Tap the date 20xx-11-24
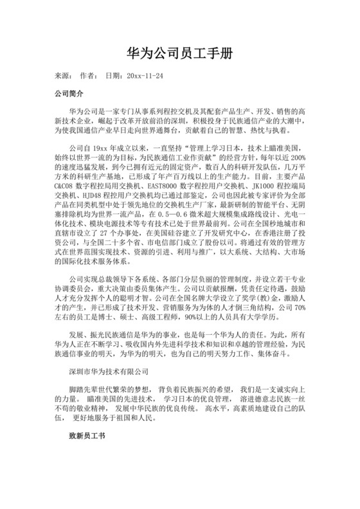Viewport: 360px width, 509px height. [145, 75]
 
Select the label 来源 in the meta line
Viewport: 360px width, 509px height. [62, 75]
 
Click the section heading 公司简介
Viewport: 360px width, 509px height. [67, 94]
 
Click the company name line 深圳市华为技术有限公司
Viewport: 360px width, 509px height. [109, 371]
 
